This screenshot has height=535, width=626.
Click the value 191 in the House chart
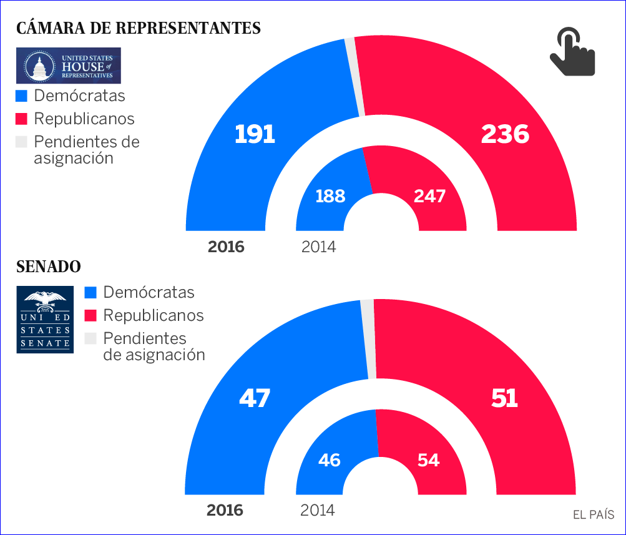pos(255,134)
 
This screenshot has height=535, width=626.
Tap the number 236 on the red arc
pos(504,134)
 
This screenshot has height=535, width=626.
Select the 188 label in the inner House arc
pos(330,196)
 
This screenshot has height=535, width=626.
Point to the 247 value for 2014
pos(429,196)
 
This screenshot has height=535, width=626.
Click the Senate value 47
pos(254,398)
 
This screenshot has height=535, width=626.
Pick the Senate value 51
pos(504,398)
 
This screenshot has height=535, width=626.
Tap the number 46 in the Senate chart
pos(329,461)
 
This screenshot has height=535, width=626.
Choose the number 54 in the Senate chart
pos(428,461)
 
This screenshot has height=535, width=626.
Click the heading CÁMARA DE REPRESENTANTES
pos(139,28)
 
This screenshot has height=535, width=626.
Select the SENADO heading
pos(49,267)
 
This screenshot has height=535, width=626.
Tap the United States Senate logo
pos(45,320)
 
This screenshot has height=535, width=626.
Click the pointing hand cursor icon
pos(572,52)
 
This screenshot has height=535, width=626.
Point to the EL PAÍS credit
pos(594,515)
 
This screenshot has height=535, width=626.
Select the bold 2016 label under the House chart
pos(226,247)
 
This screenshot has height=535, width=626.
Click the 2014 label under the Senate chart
pos(318,511)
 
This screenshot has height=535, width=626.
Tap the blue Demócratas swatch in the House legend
pos(22,96)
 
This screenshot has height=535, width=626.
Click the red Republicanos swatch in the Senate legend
pos(91,315)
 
